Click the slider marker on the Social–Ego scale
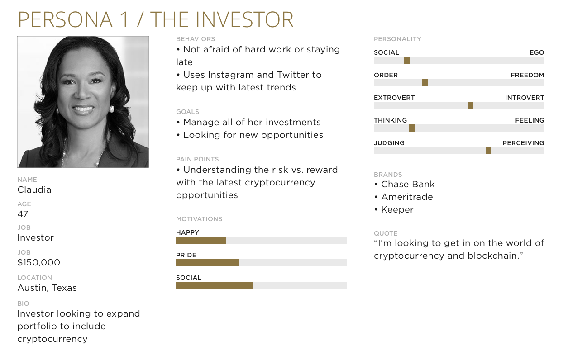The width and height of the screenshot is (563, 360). pyautogui.click(x=407, y=60)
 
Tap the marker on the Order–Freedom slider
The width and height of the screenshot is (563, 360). pyautogui.click(x=425, y=83)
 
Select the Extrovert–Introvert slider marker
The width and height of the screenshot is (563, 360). pyautogui.click(x=470, y=105)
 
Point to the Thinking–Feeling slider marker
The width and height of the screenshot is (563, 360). pyautogui.click(x=411, y=128)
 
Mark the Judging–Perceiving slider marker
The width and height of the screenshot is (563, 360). pyautogui.click(x=488, y=151)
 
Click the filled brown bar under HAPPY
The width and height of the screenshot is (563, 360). pyautogui.click(x=201, y=240)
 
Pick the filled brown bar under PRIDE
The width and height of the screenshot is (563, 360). pyautogui.click(x=208, y=263)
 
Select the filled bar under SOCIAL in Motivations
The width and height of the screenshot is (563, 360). pyautogui.click(x=215, y=285)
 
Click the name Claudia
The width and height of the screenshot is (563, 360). pyautogui.click(x=34, y=189)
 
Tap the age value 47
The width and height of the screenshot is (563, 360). pyautogui.click(x=23, y=214)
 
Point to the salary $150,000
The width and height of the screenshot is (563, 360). pyautogui.click(x=39, y=262)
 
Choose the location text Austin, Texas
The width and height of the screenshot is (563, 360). pyautogui.click(x=47, y=288)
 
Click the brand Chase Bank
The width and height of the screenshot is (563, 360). pyautogui.click(x=408, y=185)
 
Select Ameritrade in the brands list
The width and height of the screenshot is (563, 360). pyautogui.click(x=407, y=197)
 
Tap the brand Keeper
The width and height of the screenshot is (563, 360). pyautogui.click(x=397, y=210)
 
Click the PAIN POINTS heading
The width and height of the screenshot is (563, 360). pyautogui.click(x=197, y=159)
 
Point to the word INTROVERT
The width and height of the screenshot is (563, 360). pyautogui.click(x=525, y=98)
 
